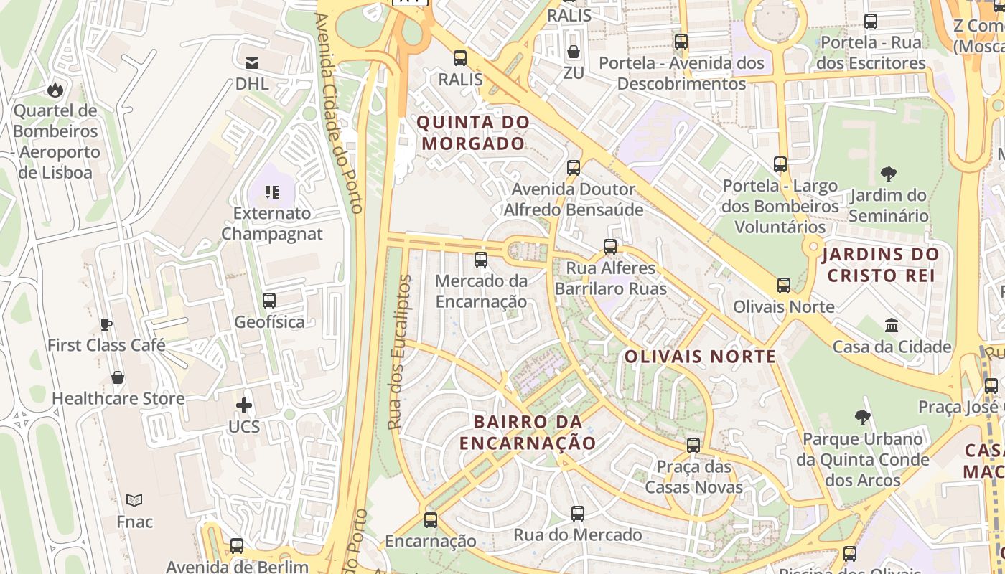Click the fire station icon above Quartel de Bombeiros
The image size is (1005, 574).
pos(55,90)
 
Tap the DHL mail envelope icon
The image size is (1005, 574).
pos(252,63)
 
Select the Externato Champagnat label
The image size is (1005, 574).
pos(272,223)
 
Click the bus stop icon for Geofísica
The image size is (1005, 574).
pos(269,301)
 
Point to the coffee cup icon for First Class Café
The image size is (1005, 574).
pos(106,324)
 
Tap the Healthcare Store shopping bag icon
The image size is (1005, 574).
pos(118,377)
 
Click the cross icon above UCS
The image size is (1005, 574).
pos(244,405)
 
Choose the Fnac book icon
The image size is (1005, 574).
pos(134,500)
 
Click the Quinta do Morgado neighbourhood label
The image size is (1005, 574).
pos(473,133)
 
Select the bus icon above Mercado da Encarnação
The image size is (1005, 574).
pos(481,259)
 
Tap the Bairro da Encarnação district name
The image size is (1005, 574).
pos(528,432)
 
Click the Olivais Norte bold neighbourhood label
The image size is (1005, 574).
pos(700,357)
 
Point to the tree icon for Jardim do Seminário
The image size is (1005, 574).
pos(888,174)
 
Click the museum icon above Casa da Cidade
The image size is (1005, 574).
pos(892,326)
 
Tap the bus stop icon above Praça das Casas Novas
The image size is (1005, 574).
pos(693,445)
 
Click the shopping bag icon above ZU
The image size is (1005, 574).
pos(574,52)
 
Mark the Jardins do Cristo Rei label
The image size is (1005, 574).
pos(881,264)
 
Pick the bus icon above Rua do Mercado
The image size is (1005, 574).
pos(578,514)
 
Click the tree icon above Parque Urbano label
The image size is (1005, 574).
pos(863,417)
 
